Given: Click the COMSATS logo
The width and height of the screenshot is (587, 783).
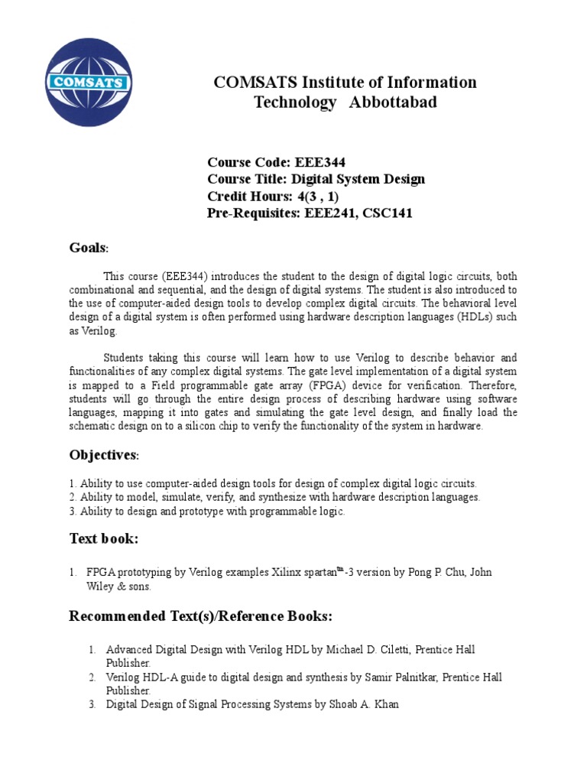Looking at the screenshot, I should point(89,82).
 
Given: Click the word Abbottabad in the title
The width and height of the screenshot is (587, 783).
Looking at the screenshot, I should point(393,102).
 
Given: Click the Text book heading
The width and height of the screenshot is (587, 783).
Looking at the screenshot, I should point(104,539).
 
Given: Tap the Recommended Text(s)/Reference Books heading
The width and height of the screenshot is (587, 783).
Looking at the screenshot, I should point(201,616).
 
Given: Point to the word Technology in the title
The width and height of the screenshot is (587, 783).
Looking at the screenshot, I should point(295,102).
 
